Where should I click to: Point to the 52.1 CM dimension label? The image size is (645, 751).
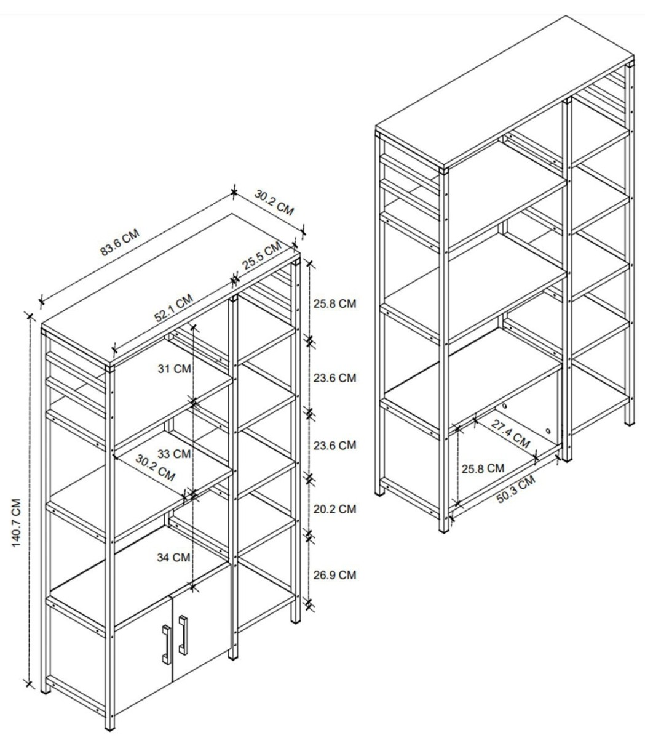coord(173,308)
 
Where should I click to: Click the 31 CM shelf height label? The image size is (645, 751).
coord(174,369)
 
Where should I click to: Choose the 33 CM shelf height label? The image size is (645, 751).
coord(174,454)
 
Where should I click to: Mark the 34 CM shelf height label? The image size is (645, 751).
coord(173,557)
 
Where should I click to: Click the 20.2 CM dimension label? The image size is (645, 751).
coord(334,509)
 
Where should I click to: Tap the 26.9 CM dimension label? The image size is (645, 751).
coord(334,575)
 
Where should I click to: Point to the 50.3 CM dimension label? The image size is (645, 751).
coord(515,489)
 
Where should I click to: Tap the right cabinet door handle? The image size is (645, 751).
coord(183,635)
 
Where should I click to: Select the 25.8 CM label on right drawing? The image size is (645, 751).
coord(483,468)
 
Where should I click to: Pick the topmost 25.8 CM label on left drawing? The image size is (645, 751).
coord(334,303)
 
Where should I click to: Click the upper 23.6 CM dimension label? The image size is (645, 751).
coord(334,378)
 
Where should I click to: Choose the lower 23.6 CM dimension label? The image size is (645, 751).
coord(334,445)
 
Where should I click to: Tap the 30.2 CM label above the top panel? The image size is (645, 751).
coord(274,203)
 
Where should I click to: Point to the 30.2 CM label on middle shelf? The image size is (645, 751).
coord(156,468)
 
